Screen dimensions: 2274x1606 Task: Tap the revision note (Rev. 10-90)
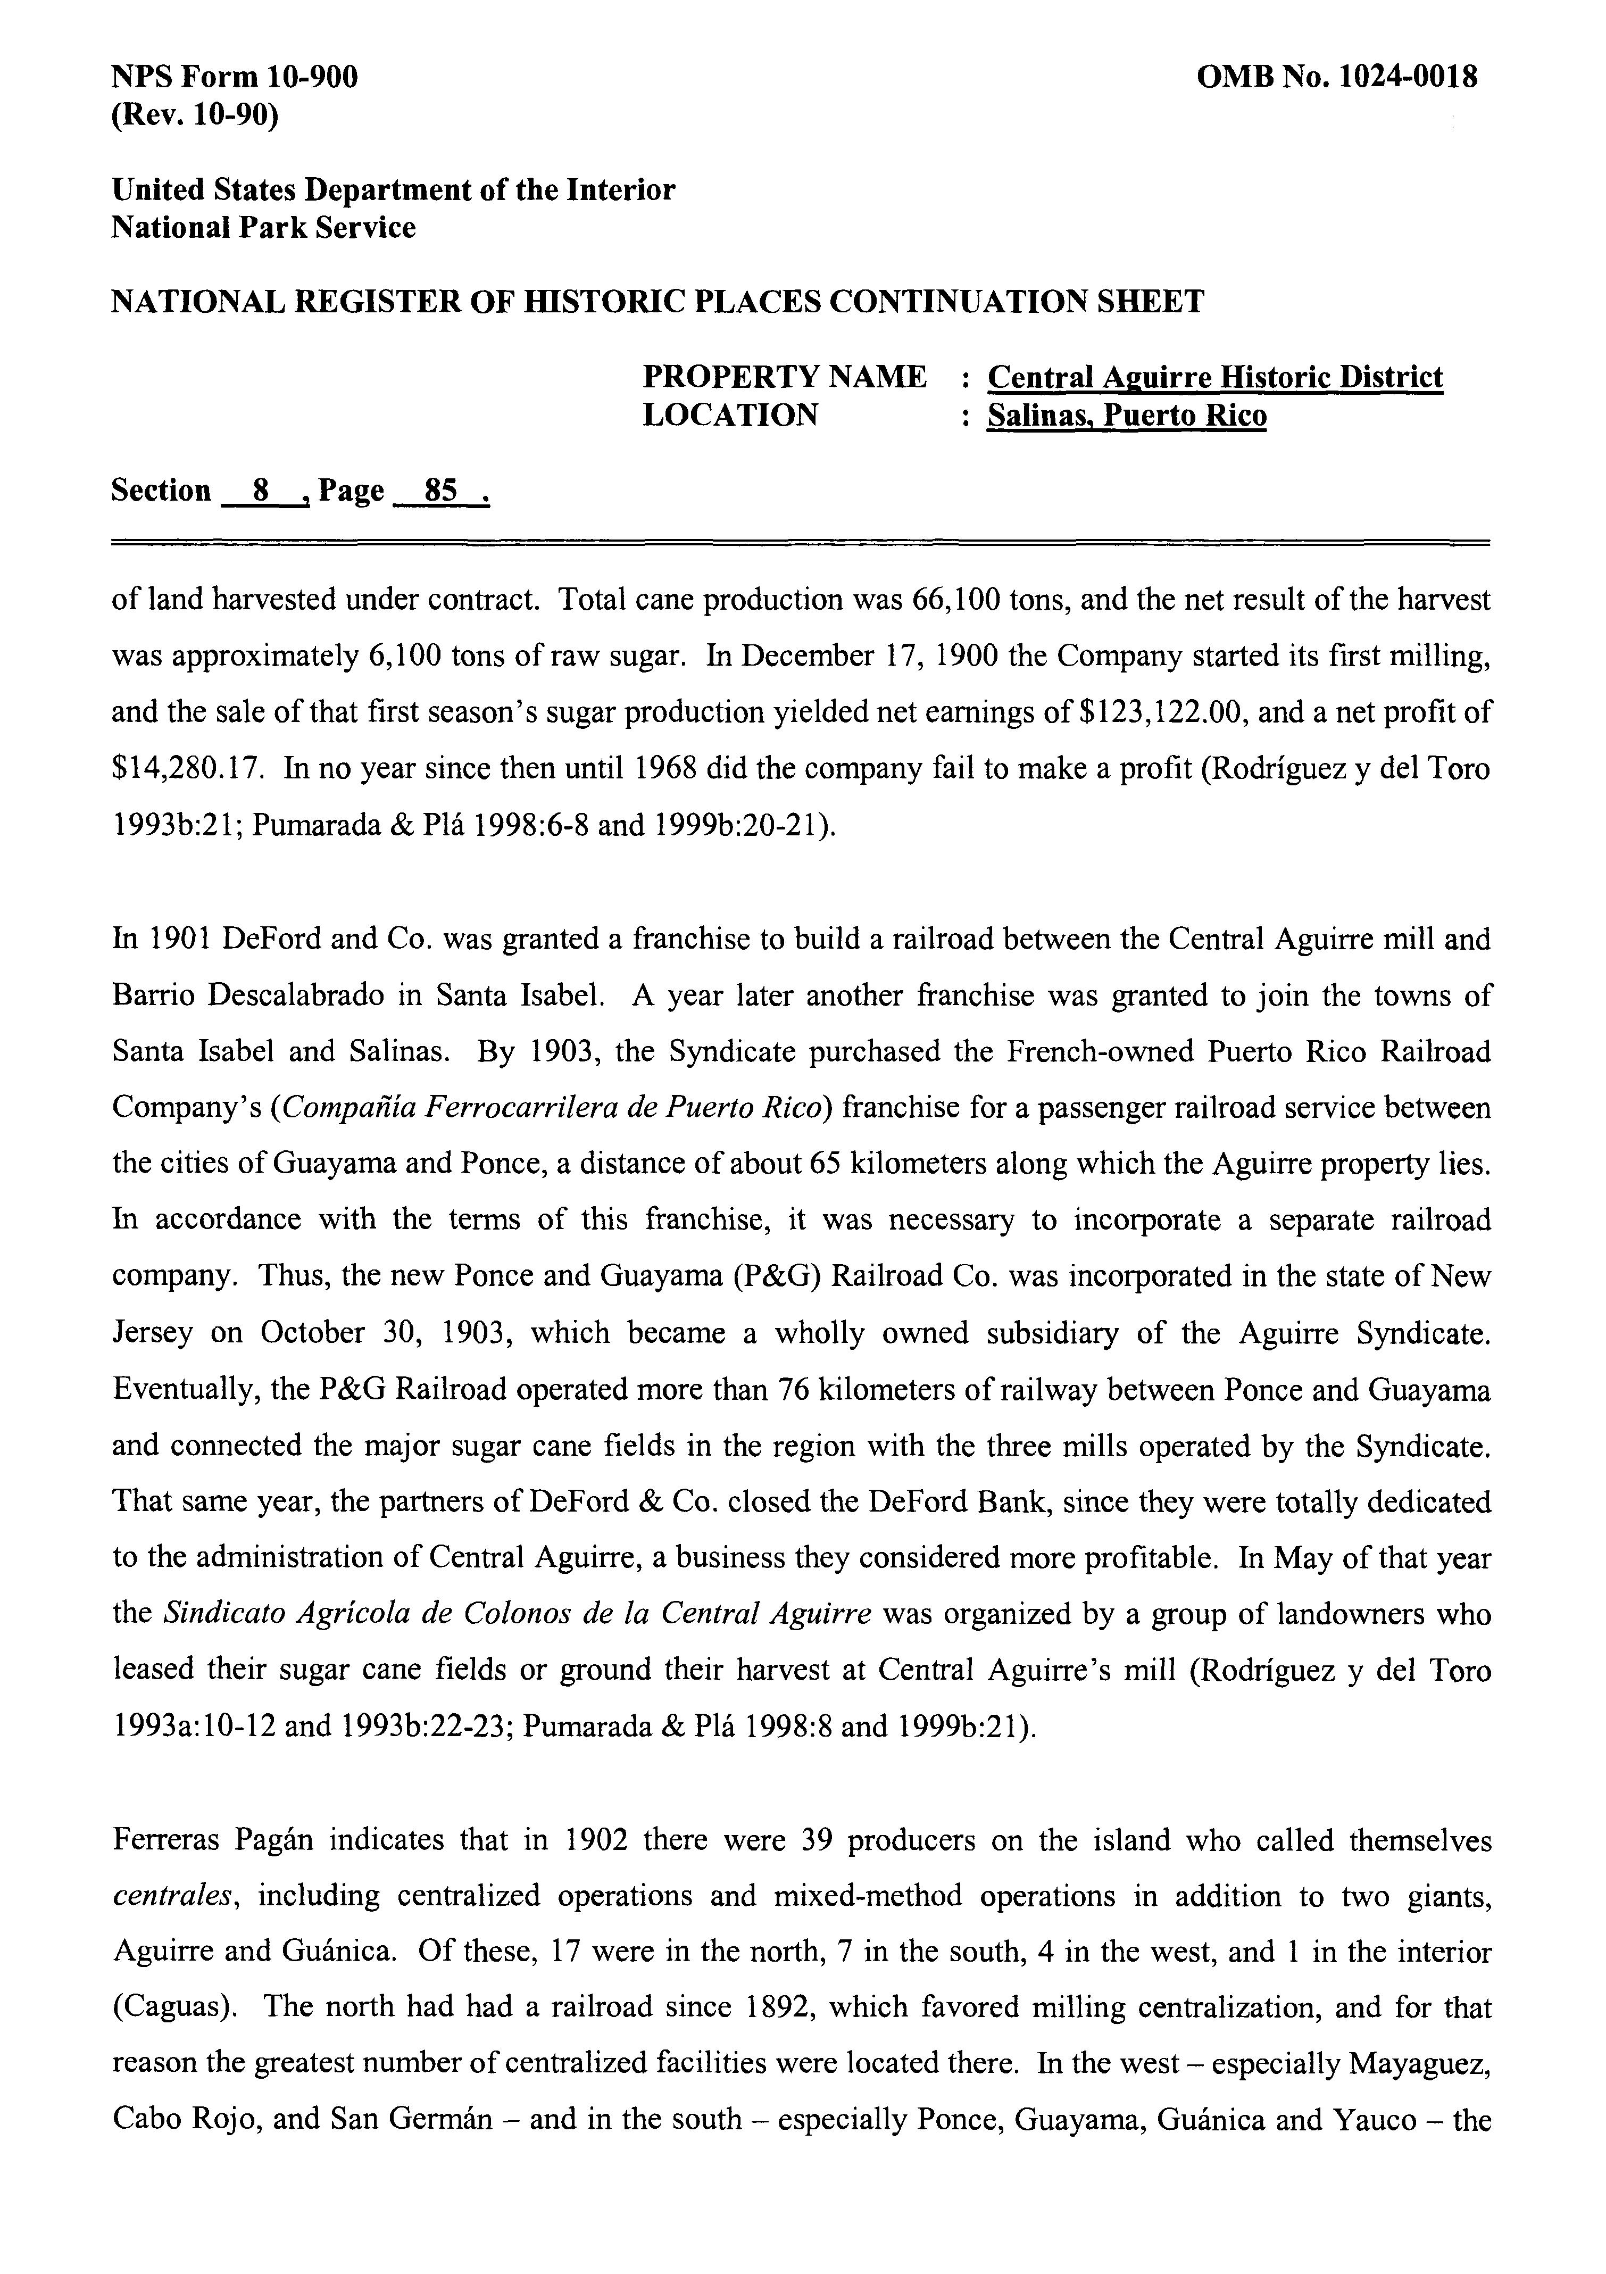pos(195,116)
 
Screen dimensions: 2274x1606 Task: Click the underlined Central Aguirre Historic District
pos(1215,377)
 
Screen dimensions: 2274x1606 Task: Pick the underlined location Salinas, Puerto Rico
pos(1127,415)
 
